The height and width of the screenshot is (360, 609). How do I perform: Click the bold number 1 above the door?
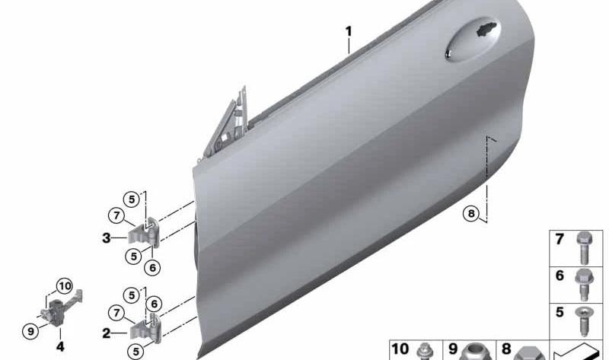(349, 31)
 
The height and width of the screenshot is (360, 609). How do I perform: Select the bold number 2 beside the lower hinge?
(106, 333)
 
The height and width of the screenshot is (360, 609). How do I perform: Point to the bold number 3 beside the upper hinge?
(106, 237)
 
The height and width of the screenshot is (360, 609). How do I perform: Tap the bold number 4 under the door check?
(60, 346)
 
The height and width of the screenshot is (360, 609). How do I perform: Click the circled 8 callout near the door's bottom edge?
(471, 213)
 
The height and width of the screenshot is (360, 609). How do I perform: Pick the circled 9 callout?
(30, 331)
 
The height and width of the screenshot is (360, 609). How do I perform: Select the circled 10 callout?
(65, 286)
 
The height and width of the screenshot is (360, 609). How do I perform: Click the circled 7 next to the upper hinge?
(116, 215)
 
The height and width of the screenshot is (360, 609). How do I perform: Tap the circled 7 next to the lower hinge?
(116, 313)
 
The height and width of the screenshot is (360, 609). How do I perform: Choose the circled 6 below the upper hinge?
(152, 268)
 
